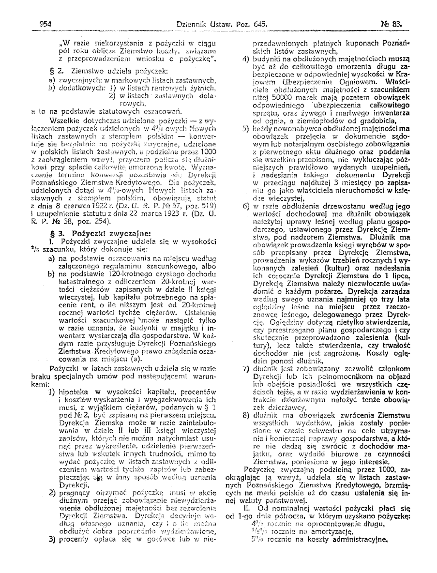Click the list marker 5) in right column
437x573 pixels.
[245, 129]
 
